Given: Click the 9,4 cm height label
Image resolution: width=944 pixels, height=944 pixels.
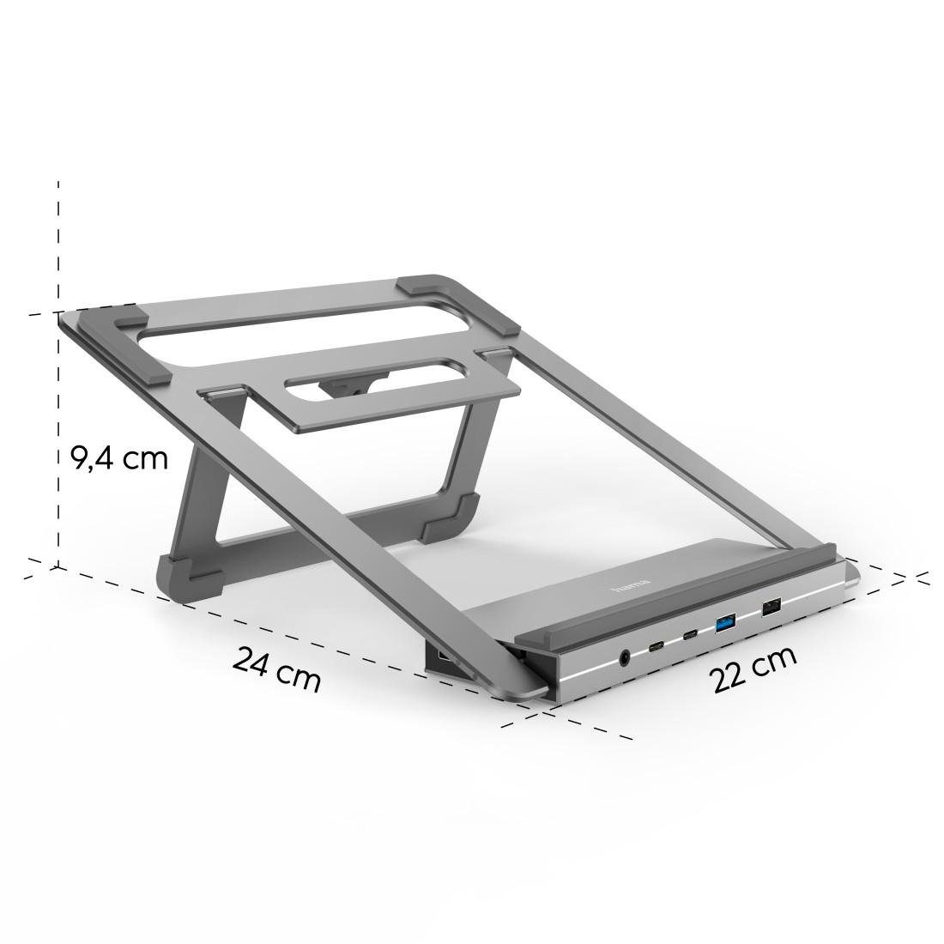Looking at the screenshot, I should click(118, 457).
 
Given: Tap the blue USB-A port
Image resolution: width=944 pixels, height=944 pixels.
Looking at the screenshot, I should click(726, 621).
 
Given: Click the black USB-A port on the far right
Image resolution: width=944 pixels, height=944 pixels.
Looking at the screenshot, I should click(770, 607).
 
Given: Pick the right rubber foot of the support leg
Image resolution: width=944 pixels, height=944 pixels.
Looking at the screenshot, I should click(447, 517).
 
